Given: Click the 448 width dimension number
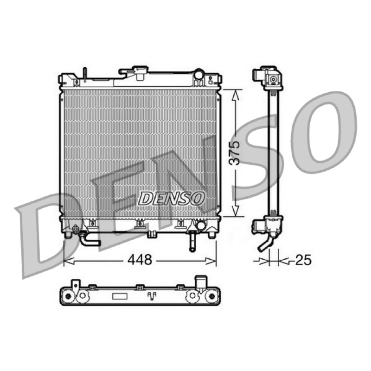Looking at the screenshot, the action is pyautogui.click(x=140, y=260).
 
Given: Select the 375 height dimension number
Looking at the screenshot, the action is pyautogui.click(x=235, y=153).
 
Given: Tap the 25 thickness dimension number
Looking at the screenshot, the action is pyautogui.click(x=303, y=260).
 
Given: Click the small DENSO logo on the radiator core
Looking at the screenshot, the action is pyautogui.click(x=171, y=198).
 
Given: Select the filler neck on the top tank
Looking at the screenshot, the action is pyautogui.click(x=140, y=73).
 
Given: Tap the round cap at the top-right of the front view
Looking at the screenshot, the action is pyautogui.click(x=198, y=75).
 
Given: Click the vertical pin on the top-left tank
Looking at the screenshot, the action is pyautogui.click(x=85, y=74).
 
